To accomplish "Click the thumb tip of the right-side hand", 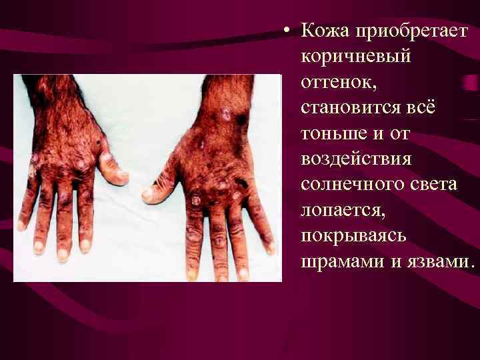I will click(147, 195).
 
